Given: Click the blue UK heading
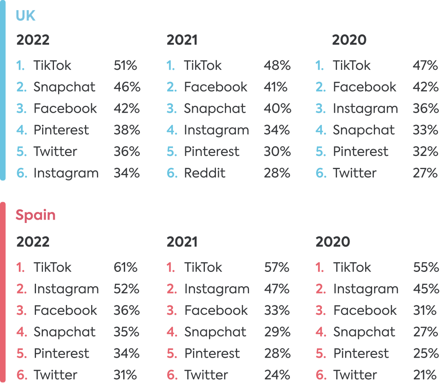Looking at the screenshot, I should [x=26, y=16].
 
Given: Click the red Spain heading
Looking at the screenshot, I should [x=36, y=215].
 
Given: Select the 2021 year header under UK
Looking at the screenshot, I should [x=182, y=40].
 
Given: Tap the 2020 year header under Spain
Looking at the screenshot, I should [x=333, y=242].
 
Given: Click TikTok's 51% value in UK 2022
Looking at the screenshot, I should [x=126, y=65].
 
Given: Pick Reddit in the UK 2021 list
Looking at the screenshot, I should [x=204, y=173].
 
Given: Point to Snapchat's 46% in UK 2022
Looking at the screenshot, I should [x=127, y=87].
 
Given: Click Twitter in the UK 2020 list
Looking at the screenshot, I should [x=354, y=173].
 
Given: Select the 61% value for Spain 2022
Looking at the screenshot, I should [x=126, y=267].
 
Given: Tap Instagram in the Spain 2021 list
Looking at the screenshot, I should [x=217, y=289].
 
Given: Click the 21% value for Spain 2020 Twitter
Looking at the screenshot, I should [x=425, y=375].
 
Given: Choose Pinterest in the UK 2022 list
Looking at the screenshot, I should [x=61, y=130].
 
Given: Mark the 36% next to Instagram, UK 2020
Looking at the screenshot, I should [x=425, y=109].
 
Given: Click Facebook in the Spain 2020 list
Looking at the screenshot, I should [x=365, y=311].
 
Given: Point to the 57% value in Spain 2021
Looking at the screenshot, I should [x=277, y=267].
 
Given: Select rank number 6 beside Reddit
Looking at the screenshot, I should [x=172, y=173].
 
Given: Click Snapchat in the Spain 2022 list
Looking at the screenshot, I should [x=65, y=332].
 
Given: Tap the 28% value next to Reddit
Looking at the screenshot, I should [x=277, y=173].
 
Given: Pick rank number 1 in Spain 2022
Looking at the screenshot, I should [x=20, y=267].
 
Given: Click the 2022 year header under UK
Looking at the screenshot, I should [x=33, y=40].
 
